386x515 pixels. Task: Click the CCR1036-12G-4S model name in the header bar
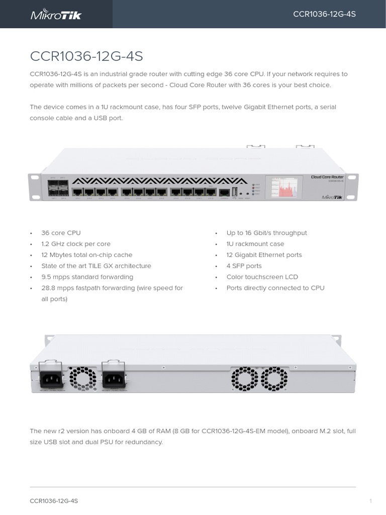click(324, 14)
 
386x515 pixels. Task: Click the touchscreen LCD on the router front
click(284, 187)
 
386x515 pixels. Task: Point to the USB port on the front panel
click(235, 192)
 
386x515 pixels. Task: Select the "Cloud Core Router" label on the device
click(327, 178)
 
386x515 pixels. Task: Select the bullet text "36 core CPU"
click(61, 233)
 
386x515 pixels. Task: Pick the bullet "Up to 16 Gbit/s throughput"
click(266, 233)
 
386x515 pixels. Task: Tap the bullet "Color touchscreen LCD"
click(262, 277)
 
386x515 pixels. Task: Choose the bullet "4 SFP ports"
click(244, 266)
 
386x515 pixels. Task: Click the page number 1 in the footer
click(370, 501)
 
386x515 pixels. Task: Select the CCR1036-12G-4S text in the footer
click(54, 501)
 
